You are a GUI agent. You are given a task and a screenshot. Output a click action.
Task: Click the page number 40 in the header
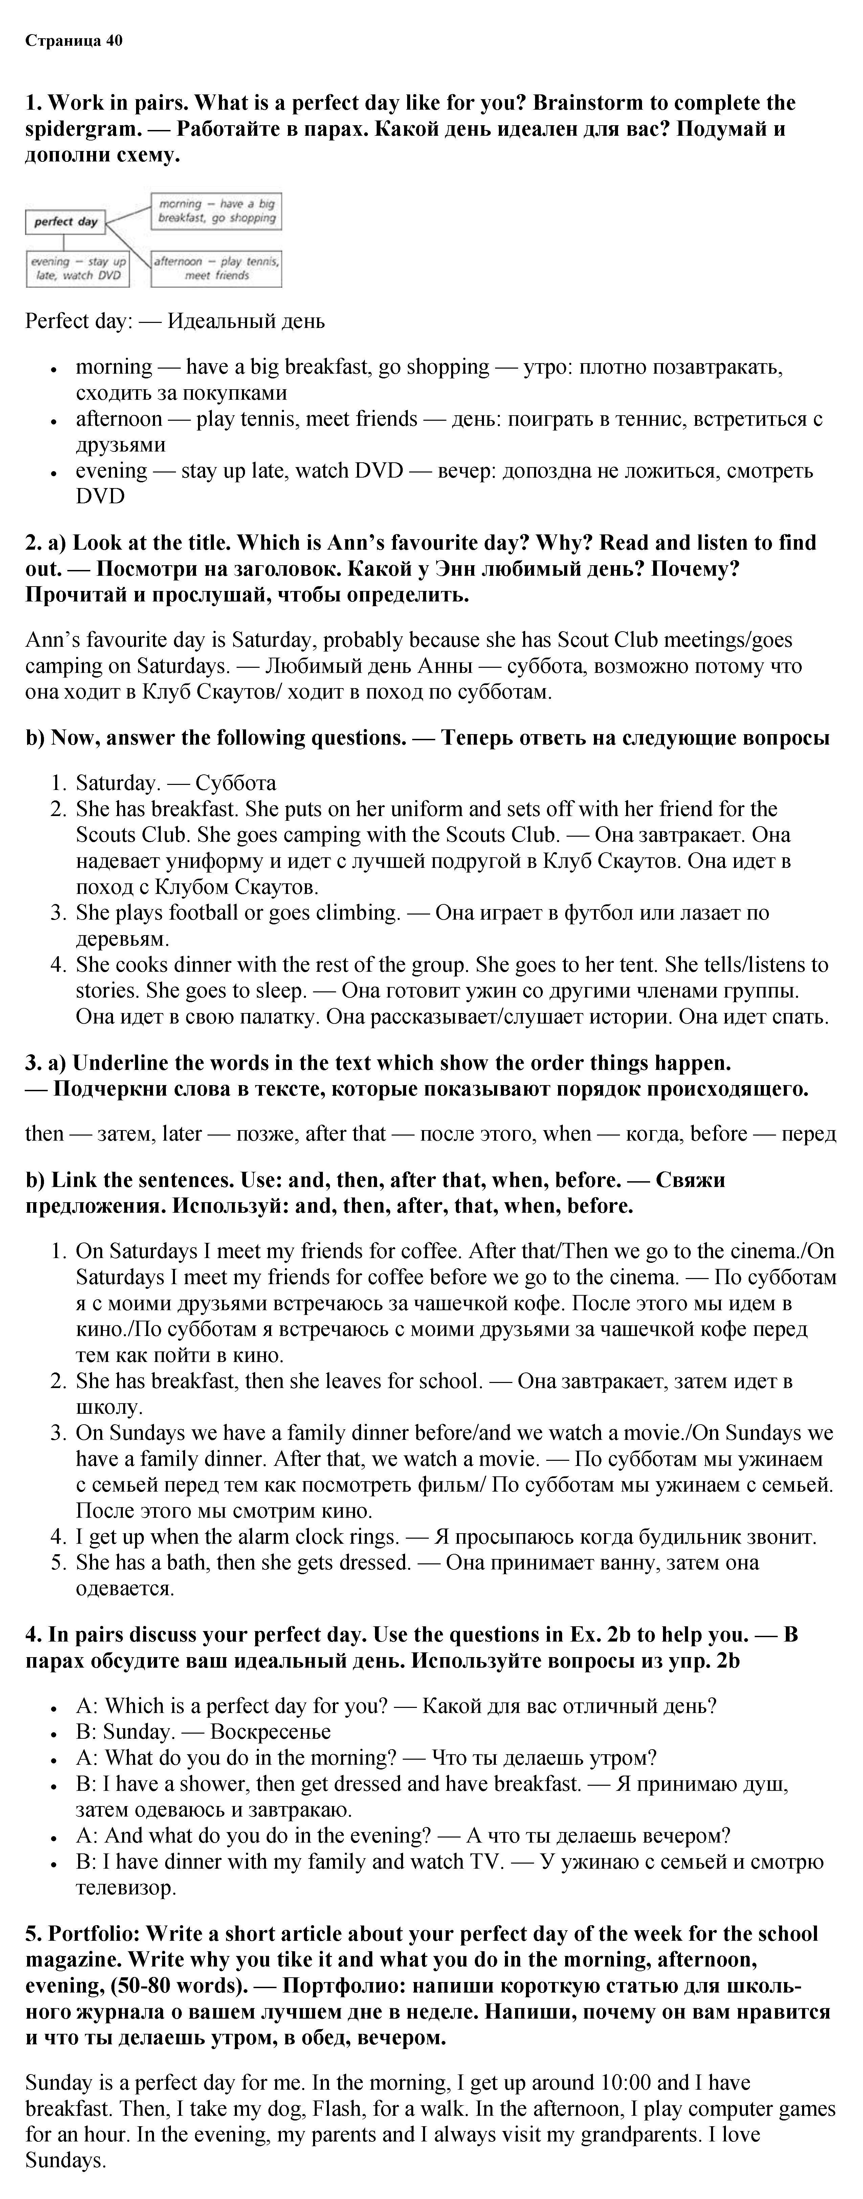tap(114, 41)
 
